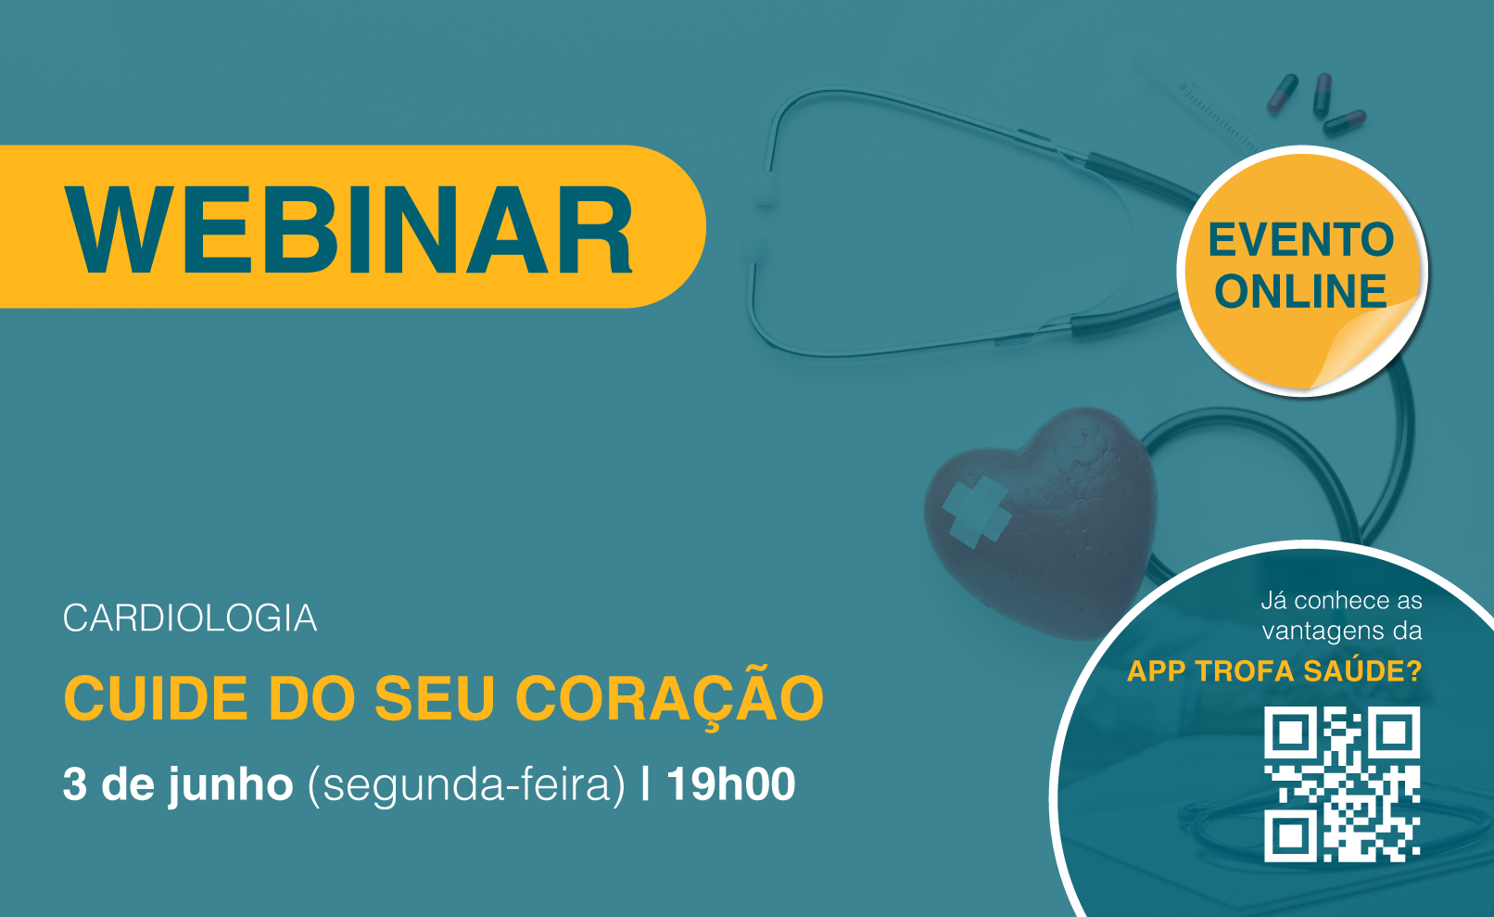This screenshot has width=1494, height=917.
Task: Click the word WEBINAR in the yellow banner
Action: [348, 229]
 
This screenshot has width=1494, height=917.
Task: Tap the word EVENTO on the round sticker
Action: [1301, 239]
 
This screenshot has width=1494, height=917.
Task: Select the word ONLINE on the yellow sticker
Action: [1300, 291]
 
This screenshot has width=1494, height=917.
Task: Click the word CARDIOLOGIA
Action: [190, 618]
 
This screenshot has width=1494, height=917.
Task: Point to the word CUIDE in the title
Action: [156, 698]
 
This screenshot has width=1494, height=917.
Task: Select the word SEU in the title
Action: [434, 698]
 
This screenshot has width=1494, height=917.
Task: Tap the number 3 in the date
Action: [75, 784]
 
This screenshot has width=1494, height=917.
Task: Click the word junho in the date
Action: [231, 786]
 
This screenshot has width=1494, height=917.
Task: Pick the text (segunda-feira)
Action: [466, 786]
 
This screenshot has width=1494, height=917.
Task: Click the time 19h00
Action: [731, 784]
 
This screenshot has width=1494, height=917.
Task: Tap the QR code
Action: [1342, 784]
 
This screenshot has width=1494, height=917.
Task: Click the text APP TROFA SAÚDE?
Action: [1274, 670]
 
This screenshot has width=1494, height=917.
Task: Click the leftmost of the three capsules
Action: [1282, 94]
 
